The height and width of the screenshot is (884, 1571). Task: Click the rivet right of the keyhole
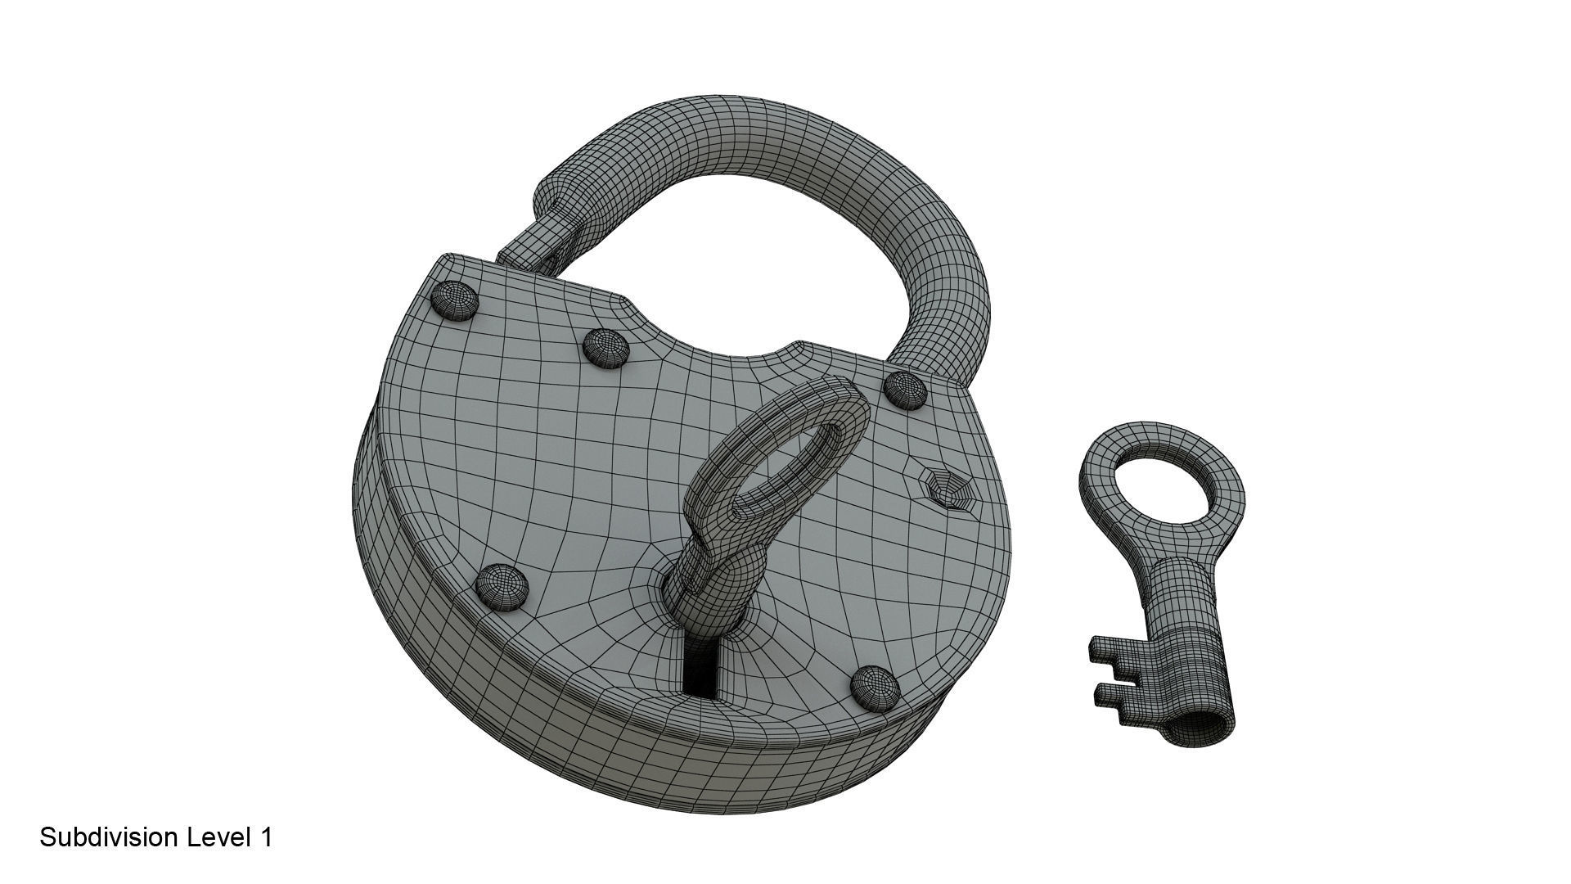874,686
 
